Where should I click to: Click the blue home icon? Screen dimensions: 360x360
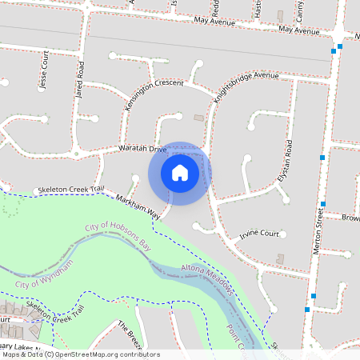coord(180,173)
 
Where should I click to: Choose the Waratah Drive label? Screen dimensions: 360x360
coord(142,150)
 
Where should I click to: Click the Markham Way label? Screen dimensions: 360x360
coord(138,206)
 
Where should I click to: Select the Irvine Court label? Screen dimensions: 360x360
coord(259,235)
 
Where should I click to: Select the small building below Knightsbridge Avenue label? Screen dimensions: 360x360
coord(199,117)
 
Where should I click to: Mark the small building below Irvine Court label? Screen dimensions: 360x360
coord(279,258)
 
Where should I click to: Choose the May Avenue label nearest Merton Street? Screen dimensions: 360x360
coord(299,30)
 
